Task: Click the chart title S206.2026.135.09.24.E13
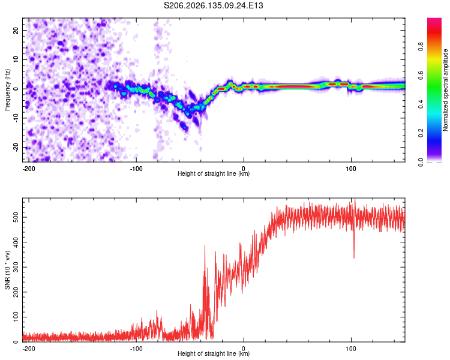click(x=213, y=5)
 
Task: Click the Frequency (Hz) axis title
click(x=7, y=90)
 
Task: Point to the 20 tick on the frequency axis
click(x=16, y=30)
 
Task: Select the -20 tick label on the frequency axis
click(x=16, y=147)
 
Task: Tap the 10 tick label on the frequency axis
click(x=16, y=59)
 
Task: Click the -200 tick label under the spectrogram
click(x=28, y=169)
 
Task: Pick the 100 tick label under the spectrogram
click(x=351, y=169)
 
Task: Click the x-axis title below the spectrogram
click(x=214, y=173)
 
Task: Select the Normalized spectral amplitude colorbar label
click(x=445, y=90)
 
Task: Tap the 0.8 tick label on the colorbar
click(x=421, y=47)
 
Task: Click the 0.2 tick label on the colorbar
click(x=421, y=133)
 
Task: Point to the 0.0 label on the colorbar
click(x=421, y=162)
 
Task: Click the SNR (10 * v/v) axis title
click(x=7, y=270)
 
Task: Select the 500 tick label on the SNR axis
click(x=16, y=217)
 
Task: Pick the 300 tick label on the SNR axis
click(x=16, y=267)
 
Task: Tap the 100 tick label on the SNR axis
click(x=16, y=317)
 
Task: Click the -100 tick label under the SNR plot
click(x=136, y=349)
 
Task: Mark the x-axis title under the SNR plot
click(x=214, y=353)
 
